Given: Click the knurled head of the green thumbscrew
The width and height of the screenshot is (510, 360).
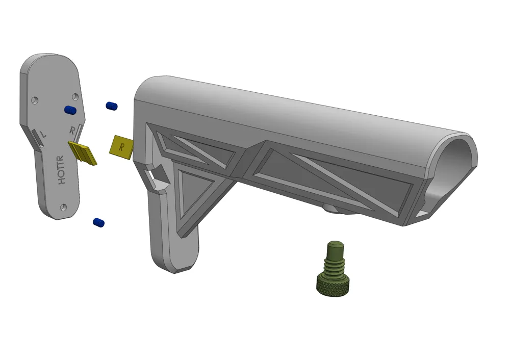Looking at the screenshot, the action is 334,286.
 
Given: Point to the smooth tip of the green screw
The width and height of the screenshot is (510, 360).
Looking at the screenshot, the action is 336,248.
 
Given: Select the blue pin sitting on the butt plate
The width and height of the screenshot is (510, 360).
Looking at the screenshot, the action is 70,110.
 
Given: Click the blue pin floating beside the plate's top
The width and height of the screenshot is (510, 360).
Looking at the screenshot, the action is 112,106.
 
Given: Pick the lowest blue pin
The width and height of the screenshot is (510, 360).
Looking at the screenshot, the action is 98,222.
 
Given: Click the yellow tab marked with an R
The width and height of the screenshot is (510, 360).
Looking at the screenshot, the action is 121,147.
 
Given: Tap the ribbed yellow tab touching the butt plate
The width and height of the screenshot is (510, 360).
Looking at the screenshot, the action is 83,153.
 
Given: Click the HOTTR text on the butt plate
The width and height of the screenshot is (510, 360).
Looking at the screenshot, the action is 61,170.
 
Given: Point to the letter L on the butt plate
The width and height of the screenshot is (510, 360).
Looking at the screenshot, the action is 42,133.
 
